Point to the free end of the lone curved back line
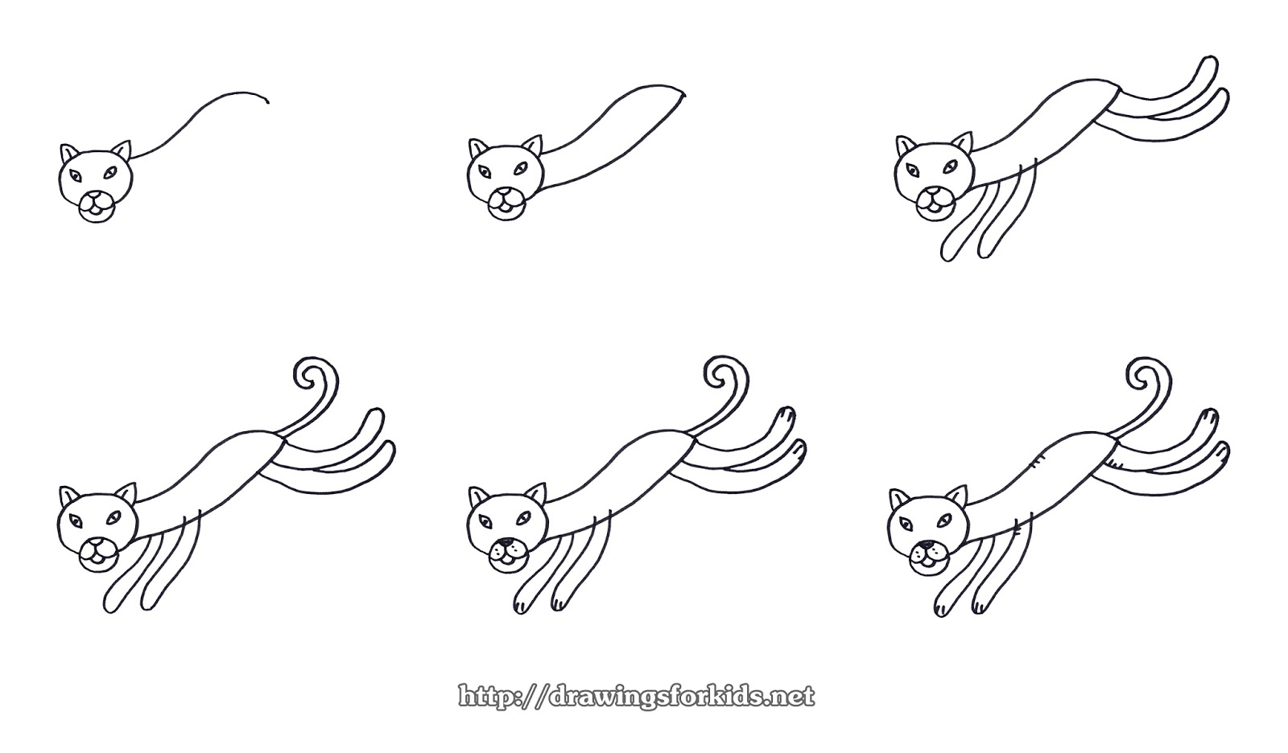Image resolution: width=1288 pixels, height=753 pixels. (x=267, y=101)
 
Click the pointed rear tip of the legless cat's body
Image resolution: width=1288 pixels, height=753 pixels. (x=686, y=94)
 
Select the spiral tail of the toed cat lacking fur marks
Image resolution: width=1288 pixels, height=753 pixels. (x=718, y=374)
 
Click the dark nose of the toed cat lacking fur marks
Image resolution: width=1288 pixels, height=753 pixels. (x=504, y=545)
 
